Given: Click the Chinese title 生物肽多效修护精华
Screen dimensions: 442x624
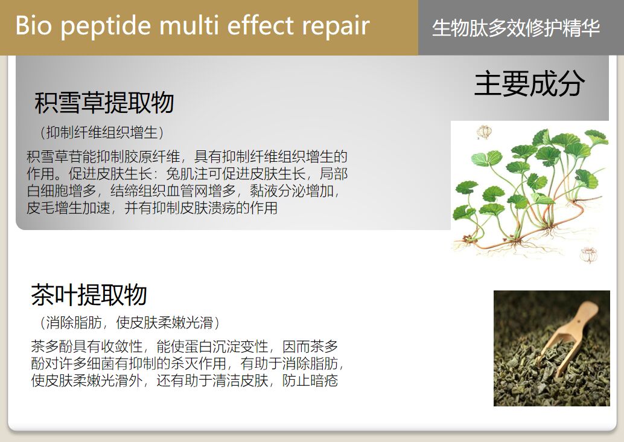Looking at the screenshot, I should point(516,28).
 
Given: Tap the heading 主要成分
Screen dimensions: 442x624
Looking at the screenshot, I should point(529,84).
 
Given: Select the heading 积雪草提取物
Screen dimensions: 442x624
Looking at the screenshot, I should point(104,103).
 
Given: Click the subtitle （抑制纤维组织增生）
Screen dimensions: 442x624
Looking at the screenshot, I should point(101,132).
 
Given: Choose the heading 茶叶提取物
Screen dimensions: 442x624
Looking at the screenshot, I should point(89,295).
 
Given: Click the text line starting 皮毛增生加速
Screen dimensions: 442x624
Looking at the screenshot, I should point(152,209).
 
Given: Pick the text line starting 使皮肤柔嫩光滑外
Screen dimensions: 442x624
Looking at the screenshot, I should point(184,381).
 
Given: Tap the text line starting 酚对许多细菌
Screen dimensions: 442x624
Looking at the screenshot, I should point(187,364).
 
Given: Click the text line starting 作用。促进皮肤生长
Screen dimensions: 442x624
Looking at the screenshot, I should point(187,175).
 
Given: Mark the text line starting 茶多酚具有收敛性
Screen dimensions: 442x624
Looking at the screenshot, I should point(184,347).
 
